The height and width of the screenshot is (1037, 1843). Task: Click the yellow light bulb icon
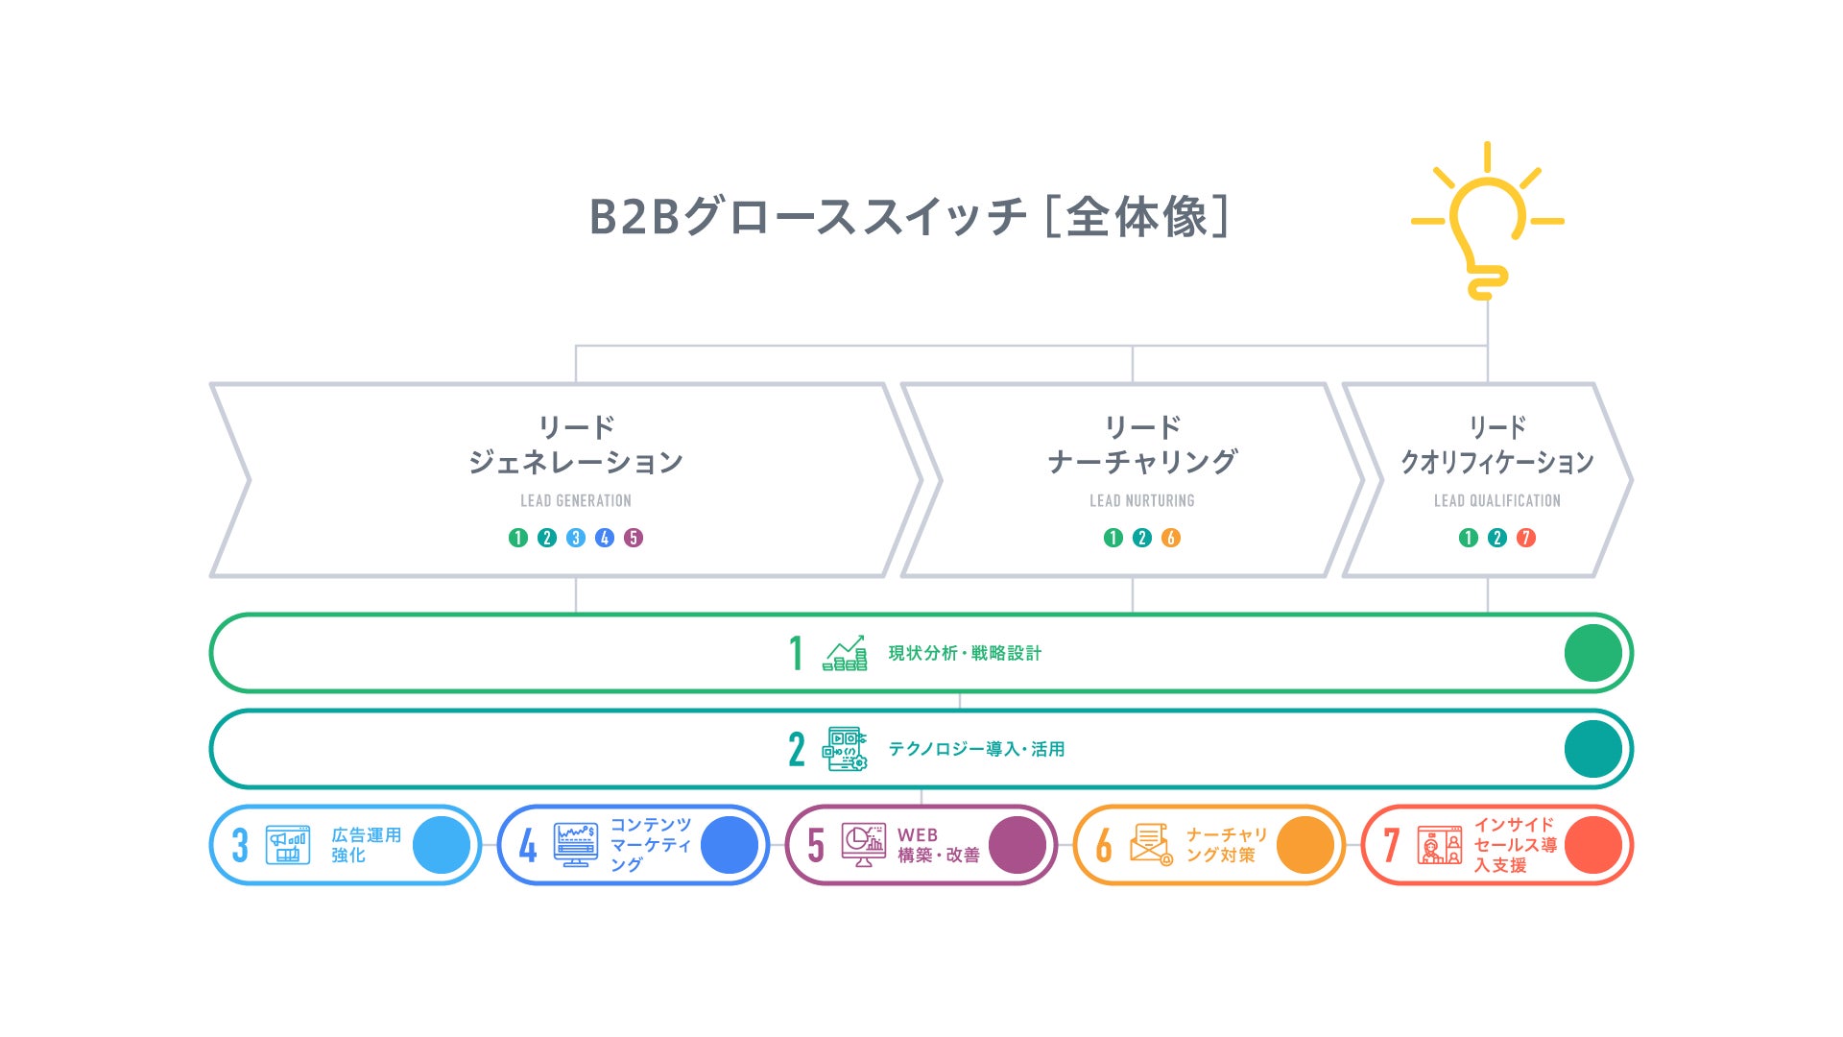pyautogui.click(x=1487, y=230)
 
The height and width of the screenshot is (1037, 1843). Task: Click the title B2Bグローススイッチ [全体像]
pyautogui.click(x=908, y=216)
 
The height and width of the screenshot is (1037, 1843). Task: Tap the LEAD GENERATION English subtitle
pyautogui.click(x=576, y=500)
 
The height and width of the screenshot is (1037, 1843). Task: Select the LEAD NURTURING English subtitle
pyautogui.click(x=1141, y=500)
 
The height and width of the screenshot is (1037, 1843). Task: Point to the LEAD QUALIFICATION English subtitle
pyautogui.click(x=1496, y=500)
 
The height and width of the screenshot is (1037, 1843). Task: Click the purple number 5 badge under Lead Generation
pyautogui.click(x=634, y=538)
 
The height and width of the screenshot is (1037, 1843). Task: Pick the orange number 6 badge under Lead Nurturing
pyautogui.click(x=1171, y=538)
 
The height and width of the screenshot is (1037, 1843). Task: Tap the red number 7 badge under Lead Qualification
pyautogui.click(x=1526, y=538)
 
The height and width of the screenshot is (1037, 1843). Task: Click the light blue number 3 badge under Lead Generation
pyautogui.click(x=576, y=538)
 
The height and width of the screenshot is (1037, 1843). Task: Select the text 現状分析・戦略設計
pyautogui.click(x=965, y=653)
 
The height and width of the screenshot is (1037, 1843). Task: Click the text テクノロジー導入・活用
pyautogui.click(x=976, y=749)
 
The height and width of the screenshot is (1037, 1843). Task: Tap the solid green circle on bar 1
pyautogui.click(x=1592, y=653)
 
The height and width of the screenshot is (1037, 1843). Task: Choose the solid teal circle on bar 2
pyautogui.click(x=1592, y=749)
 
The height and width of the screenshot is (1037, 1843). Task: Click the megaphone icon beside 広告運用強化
pyautogui.click(x=288, y=845)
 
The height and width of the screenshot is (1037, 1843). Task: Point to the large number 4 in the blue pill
pyautogui.click(x=528, y=845)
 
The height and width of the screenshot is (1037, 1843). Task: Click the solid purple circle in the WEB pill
pyautogui.click(x=1017, y=845)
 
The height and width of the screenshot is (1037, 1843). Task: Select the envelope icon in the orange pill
pyautogui.click(x=1150, y=845)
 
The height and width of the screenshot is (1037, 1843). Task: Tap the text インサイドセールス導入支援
pyautogui.click(x=1515, y=845)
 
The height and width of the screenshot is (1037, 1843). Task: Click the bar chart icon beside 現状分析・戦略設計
pyautogui.click(x=845, y=653)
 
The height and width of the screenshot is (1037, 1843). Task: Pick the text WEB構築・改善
pyautogui.click(x=938, y=845)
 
